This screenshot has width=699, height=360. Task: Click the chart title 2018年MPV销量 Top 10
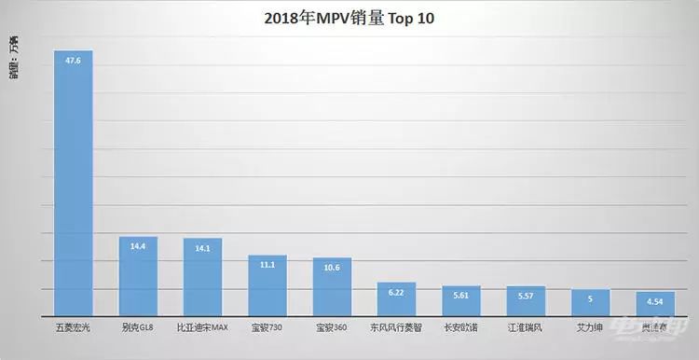click(349, 18)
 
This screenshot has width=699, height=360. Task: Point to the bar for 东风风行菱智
click(396, 300)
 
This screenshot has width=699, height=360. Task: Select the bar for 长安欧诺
click(461, 302)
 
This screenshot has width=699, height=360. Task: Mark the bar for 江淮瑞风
click(526, 302)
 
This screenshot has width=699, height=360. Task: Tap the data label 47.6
click(74, 61)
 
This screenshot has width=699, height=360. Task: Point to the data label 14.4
click(138, 247)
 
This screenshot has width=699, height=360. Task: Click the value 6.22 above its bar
click(397, 292)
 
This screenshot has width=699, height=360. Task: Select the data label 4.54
click(655, 301)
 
